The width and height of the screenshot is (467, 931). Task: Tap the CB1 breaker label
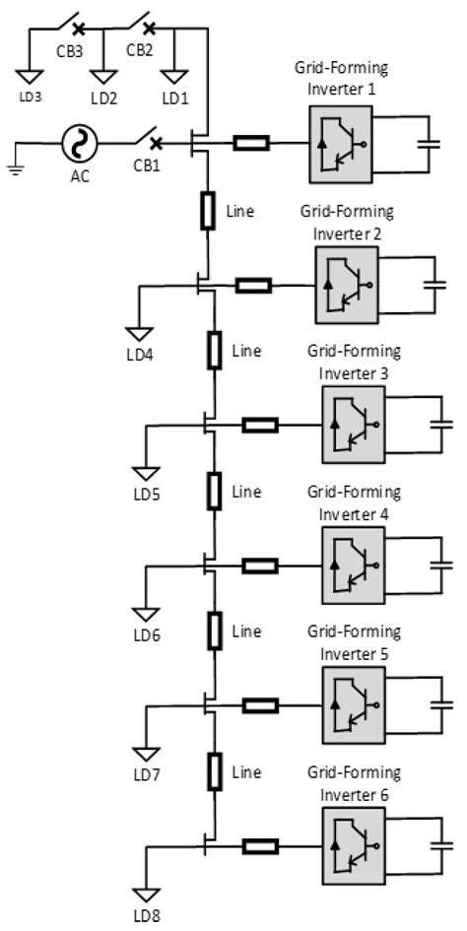tap(147, 165)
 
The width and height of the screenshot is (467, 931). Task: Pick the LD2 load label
tap(103, 99)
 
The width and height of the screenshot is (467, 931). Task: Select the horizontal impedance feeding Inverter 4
tap(260, 565)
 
